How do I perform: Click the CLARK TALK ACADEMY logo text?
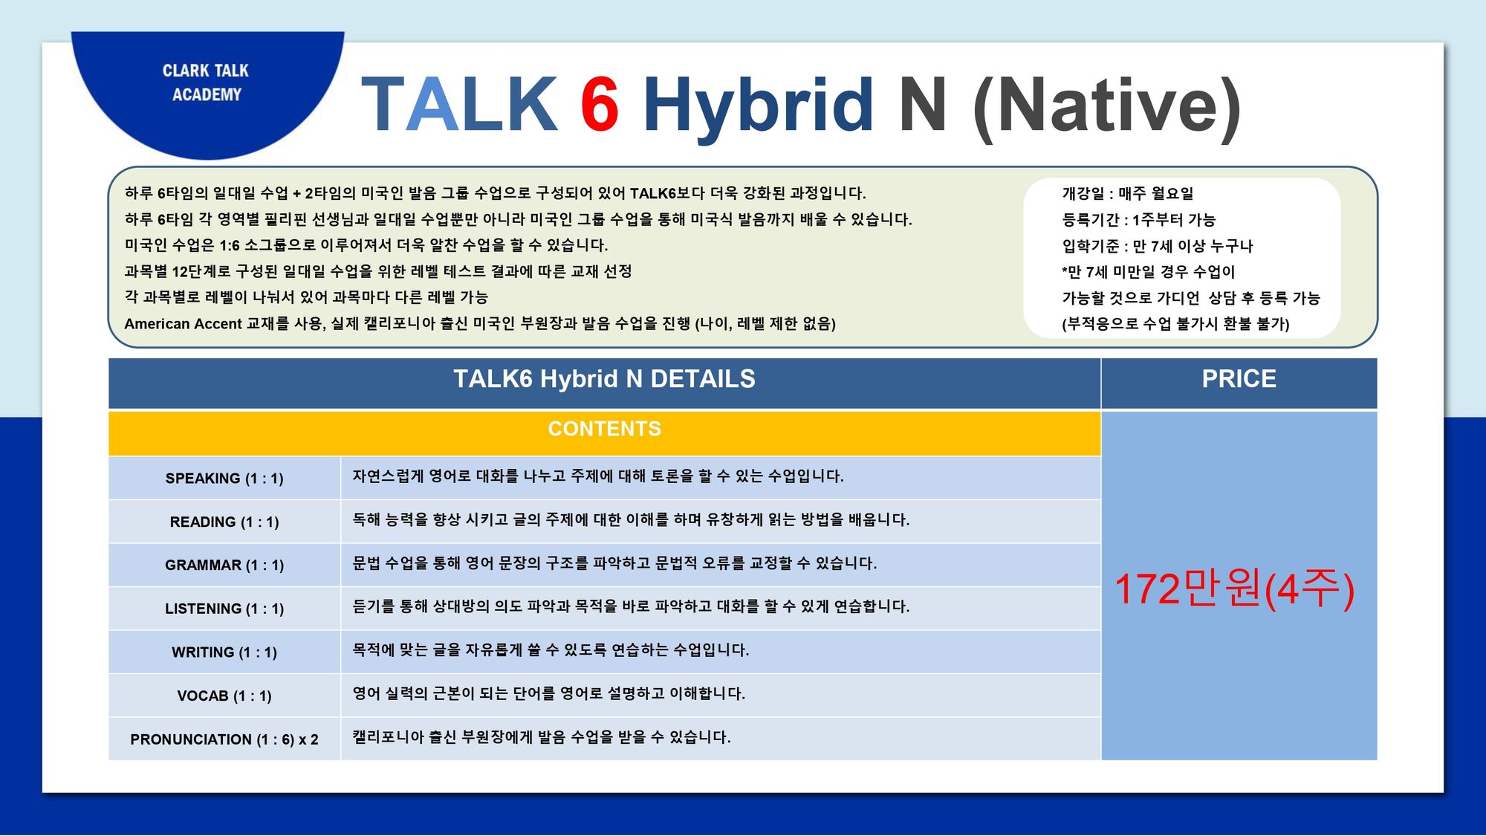click(206, 82)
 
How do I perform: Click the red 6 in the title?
click(600, 104)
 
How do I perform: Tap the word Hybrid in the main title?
click(758, 108)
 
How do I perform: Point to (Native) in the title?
click(1107, 108)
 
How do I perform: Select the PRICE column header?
click(1239, 379)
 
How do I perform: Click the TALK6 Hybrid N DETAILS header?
click(604, 379)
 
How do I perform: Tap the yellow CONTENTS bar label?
click(604, 429)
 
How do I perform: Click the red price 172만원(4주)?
click(1234, 589)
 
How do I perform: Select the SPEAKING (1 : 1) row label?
click(224, 479)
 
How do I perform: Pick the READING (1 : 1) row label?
click(224, 522)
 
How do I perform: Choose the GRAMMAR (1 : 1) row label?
click(224, 566)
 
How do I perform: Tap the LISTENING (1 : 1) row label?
click(224, 609)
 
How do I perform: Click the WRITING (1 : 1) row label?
click(224, 652)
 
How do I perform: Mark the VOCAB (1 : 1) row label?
click(224, 696)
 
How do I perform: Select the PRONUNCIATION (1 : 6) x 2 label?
click(224, 739)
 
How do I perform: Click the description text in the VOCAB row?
click(548, 693)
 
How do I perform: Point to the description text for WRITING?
click(551, 650)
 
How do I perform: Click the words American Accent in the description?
click(183, 324)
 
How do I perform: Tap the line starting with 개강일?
click(1128, 193)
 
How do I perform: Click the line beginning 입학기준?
click(1158, 246)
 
